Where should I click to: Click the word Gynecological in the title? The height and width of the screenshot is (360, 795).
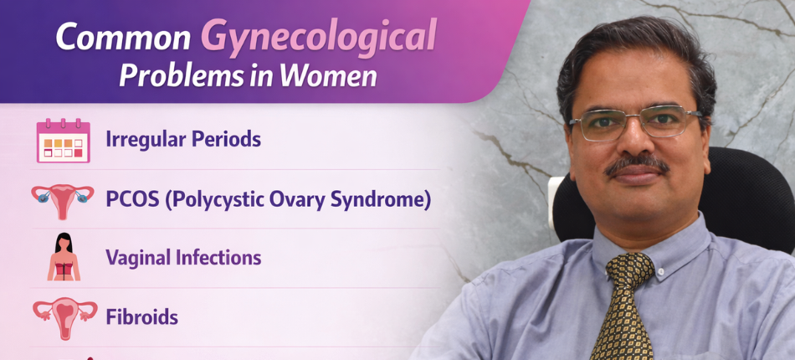(318, 37)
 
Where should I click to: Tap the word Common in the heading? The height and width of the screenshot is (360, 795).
(123, 38)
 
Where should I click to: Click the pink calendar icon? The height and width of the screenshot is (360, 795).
(63, 140)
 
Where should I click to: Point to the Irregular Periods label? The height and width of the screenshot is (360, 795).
(183, 139)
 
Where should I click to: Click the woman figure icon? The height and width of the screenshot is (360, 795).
(63, 257)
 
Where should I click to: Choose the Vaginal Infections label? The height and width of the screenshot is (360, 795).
(183, 258)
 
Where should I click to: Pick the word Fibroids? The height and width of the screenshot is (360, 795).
(141, 317)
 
